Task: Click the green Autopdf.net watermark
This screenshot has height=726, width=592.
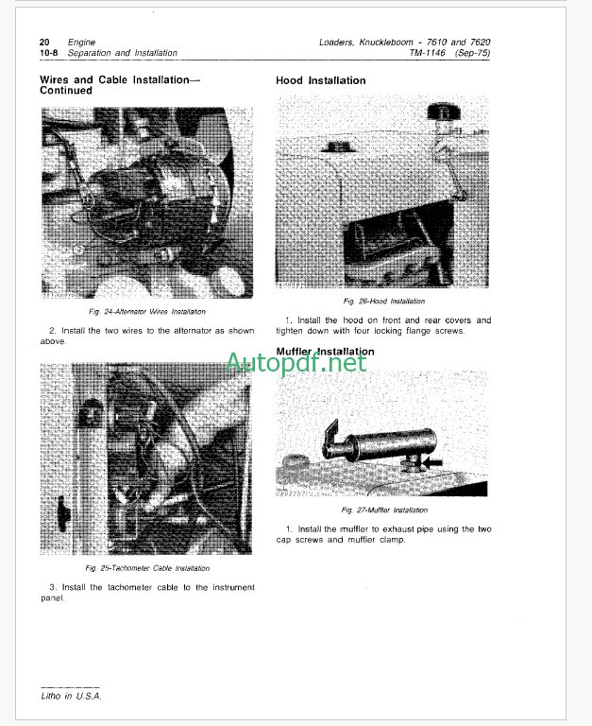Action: (x=296, y=363)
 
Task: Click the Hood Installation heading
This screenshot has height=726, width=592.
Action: (x=320, y=80)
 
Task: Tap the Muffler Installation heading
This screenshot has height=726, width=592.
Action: (x=325, y=352)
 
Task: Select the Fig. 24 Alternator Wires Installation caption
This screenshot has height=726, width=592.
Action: (x=147, y=312)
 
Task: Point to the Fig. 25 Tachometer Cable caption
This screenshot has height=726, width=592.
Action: (x=147, y=568)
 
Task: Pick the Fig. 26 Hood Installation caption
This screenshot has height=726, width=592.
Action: (x=384, y=302)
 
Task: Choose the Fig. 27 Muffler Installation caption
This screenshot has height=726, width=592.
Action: (x=384, y=510)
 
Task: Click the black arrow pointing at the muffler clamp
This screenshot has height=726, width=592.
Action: (x=432, y=462)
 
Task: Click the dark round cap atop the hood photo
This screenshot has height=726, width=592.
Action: (x=444, y=112)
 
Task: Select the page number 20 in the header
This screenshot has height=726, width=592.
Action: (x=44, y=43)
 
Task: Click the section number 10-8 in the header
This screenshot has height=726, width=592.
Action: (x=48, y=53)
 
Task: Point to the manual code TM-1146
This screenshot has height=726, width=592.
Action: (x=427, y=53)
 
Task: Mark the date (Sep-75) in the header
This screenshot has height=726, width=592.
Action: (x=472, y=53)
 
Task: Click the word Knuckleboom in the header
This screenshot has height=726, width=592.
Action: (x=386, y=43)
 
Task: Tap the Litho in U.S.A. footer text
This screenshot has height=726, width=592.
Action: (x=71, y=696)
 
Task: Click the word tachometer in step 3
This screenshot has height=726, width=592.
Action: (x=129, y=587)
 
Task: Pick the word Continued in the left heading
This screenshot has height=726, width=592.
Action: (x=66, y=91)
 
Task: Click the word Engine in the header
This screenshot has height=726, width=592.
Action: (x=81, y=43)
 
